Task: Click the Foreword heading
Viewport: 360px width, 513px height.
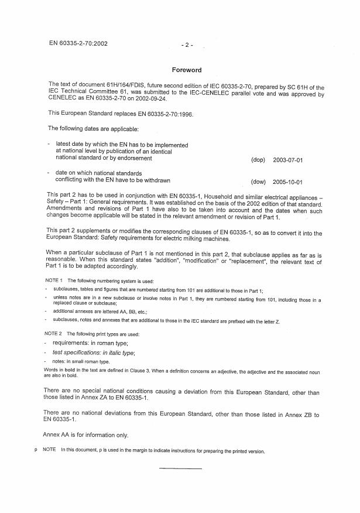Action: pyautogui.click(x=186, y=70)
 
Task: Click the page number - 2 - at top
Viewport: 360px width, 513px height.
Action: pyautogui.click(x=186, y=45)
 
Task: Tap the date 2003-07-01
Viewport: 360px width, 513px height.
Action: pyautogui.click(x=301, y=160)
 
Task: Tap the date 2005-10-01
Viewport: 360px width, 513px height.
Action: pyautogui.click(x=301, y=182)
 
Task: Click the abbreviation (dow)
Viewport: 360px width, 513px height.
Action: pyautogui.click(x=258, y=182)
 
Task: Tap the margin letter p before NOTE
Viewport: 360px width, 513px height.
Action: pyautogui.click(x=37, y=451)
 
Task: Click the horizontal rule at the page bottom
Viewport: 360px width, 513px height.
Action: pyautogui.click(x=180, y=469)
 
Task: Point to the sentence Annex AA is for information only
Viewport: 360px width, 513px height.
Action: pyautogui.click(x=86, y=435)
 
